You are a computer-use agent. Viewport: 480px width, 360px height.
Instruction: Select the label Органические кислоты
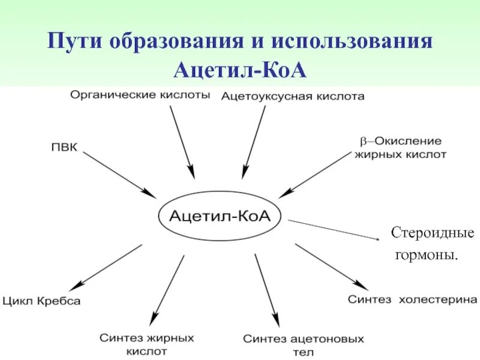[140, 95]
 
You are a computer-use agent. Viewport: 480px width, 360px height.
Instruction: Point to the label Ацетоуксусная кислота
[292, 96]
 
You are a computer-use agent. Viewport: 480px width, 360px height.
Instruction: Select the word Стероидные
[433, 233]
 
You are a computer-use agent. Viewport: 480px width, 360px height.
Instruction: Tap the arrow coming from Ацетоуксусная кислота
[253, 142]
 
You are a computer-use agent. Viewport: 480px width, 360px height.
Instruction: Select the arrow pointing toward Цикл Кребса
[108, 266]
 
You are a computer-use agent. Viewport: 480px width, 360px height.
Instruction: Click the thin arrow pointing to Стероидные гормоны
[334, 230]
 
